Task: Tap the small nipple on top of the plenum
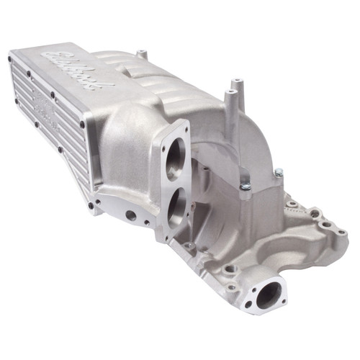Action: [143, 53]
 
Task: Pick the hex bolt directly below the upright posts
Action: [246, 186]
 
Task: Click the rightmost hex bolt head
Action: [279, 173]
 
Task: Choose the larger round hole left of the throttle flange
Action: [131, 214]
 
